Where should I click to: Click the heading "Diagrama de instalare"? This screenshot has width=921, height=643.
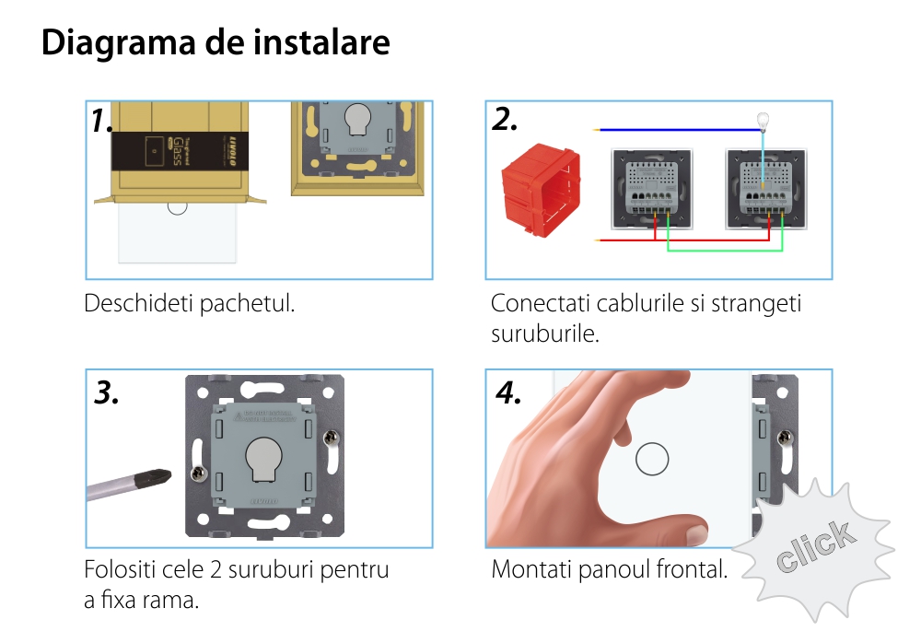coord(216,43)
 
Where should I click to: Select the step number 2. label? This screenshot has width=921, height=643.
coord(505,119)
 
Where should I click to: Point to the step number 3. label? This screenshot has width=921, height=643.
coord(107,392)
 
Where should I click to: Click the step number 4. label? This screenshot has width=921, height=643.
coord(508,392)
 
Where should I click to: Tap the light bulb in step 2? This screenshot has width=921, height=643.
coord(762,120)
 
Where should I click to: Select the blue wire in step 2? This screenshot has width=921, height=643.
coord(672,129)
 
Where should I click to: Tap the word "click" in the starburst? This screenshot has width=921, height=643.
coord(814,547)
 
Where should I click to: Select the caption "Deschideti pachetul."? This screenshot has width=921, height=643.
coord(190,303)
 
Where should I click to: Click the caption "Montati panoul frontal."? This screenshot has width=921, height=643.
coord(609,569)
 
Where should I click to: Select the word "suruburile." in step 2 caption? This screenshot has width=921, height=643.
coord(544,333)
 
